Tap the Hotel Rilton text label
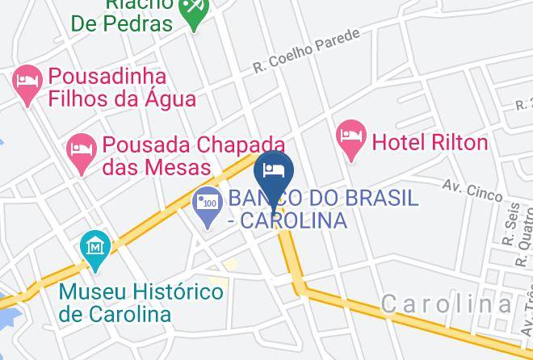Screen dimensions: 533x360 (x=430, y=143)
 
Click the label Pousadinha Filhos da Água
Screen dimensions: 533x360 (x=121, y=88)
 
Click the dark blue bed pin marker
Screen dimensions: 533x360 (x=273, y=172)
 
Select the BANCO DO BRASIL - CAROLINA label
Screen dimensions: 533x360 (x=322, y=208)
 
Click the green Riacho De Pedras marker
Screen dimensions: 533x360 (x=193, y=10)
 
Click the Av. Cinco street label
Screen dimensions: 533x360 (x=472, y=190)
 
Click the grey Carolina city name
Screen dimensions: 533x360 (x=446, y=304)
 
